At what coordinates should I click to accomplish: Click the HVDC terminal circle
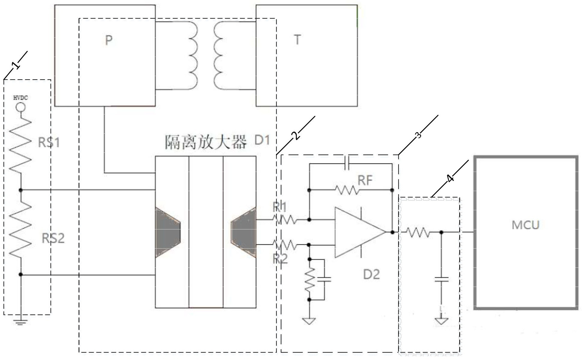pyautogui.click(x=21, y=107)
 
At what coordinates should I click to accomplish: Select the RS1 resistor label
pyautogui.click(x=49, y=143)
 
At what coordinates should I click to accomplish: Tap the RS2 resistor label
pyautogui.click(x=53, y=238)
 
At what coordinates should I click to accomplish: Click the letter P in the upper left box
pyautogui.click(x=109, y=40)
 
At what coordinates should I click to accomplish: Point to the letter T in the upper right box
pyautogui.click(x=297, y=40)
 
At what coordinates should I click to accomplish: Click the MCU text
pyautogui.click(x=526, y=225)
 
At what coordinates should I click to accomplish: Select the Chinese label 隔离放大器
pyautogui.click(x=206, y=142)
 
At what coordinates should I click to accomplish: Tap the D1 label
pyautogui.click(x=262, y=140)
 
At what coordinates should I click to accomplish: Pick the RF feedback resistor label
pyautogui.click(x=365, y=180)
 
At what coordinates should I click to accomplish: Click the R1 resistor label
pyautogui.click(x=280, y=207)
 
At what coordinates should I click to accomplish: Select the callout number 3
pyautogui.click(x=419, y=135)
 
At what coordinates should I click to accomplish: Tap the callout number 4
pyautogui.click(x=450, y=179)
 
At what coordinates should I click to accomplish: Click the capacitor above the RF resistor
pyautogui.click(x=347, y=164)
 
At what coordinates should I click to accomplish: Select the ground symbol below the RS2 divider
pyautogui.click(x=21, y=322)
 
